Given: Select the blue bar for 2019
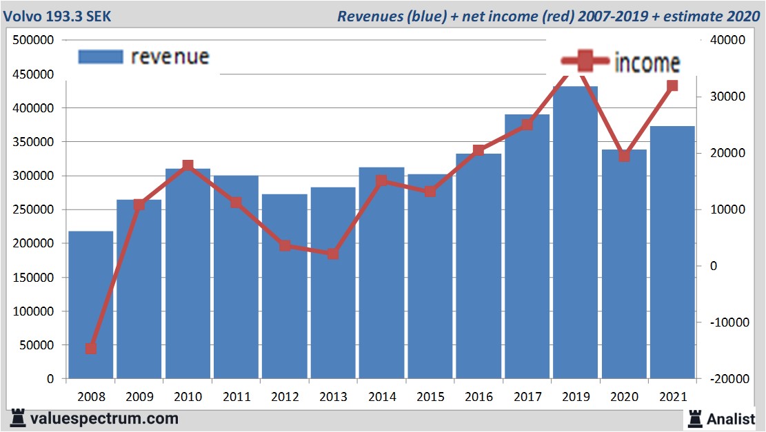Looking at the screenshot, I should pos(575,234).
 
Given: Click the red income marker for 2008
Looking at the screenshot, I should pos(90,349).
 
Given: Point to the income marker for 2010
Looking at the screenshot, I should pos(188,165).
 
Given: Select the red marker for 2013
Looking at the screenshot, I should pos(332,254).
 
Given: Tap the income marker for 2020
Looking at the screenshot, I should pos(624,156).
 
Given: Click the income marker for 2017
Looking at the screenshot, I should pos(527,125).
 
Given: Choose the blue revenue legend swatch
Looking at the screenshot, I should pos(101,56).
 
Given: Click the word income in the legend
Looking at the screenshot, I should pos(647,63).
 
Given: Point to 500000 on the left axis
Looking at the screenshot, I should pos(34,40).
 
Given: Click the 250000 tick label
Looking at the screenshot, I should pos(34,209).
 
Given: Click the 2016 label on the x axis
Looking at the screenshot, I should pos(478,397).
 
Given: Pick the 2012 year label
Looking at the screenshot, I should pos(284,397).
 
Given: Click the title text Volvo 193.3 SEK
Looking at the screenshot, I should pos(58,16).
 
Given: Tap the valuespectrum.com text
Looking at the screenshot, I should pos(104,418).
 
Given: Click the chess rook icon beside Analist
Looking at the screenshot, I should pos(694,418).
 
